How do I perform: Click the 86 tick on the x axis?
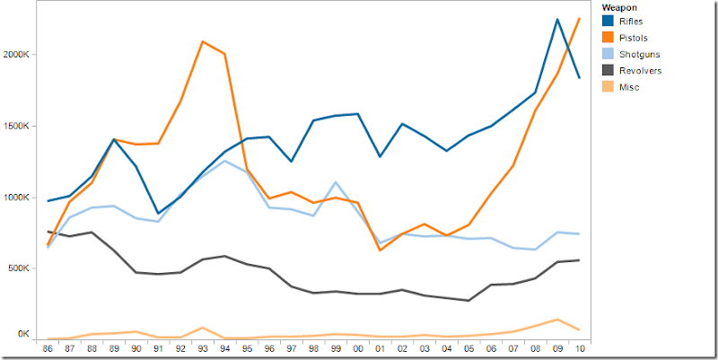coord(47,347)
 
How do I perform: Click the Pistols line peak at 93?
coord(202,41)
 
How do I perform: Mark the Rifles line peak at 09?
coord(556,19)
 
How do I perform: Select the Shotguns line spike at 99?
coord(335,182)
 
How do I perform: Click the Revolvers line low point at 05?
coord(468,301)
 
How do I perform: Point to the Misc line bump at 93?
coord(202,328)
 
